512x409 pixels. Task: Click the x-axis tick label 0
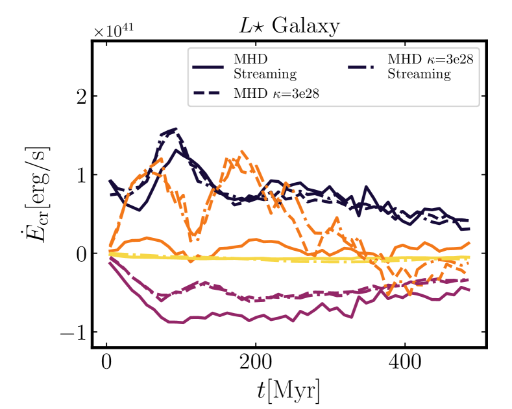tap(106, 362)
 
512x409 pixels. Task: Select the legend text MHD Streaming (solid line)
tap(265, 65)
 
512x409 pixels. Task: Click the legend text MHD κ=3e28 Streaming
tap(419, 65)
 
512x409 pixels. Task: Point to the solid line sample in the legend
tap(208, 65)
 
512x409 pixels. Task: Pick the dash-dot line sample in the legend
tap(363, 65)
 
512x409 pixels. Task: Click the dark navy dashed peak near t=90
tap(174, 130)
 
